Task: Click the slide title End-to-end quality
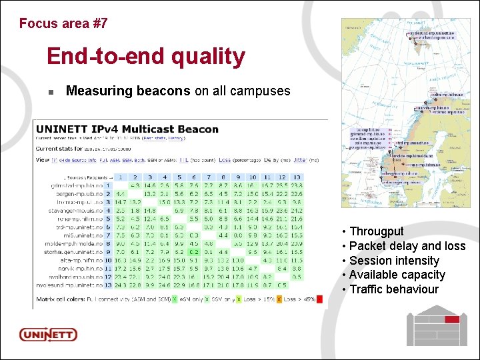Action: tap(146, 57)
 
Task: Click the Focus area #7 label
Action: tap(63, 23)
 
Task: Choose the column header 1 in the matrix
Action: tap(120, 177)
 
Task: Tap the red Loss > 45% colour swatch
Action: tap(319, 299)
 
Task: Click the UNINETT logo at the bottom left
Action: tap(48, 335)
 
